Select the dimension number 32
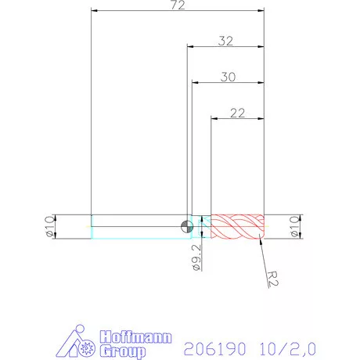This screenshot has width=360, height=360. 226,41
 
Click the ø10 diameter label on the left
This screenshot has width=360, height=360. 49,226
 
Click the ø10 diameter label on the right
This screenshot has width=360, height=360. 295,226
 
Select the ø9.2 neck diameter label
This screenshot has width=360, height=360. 196,256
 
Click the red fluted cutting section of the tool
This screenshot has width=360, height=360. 239,226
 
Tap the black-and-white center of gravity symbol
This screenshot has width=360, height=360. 185,227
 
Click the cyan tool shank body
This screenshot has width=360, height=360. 137,226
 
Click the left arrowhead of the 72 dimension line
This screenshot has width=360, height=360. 95,12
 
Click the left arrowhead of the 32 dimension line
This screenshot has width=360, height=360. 190,48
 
